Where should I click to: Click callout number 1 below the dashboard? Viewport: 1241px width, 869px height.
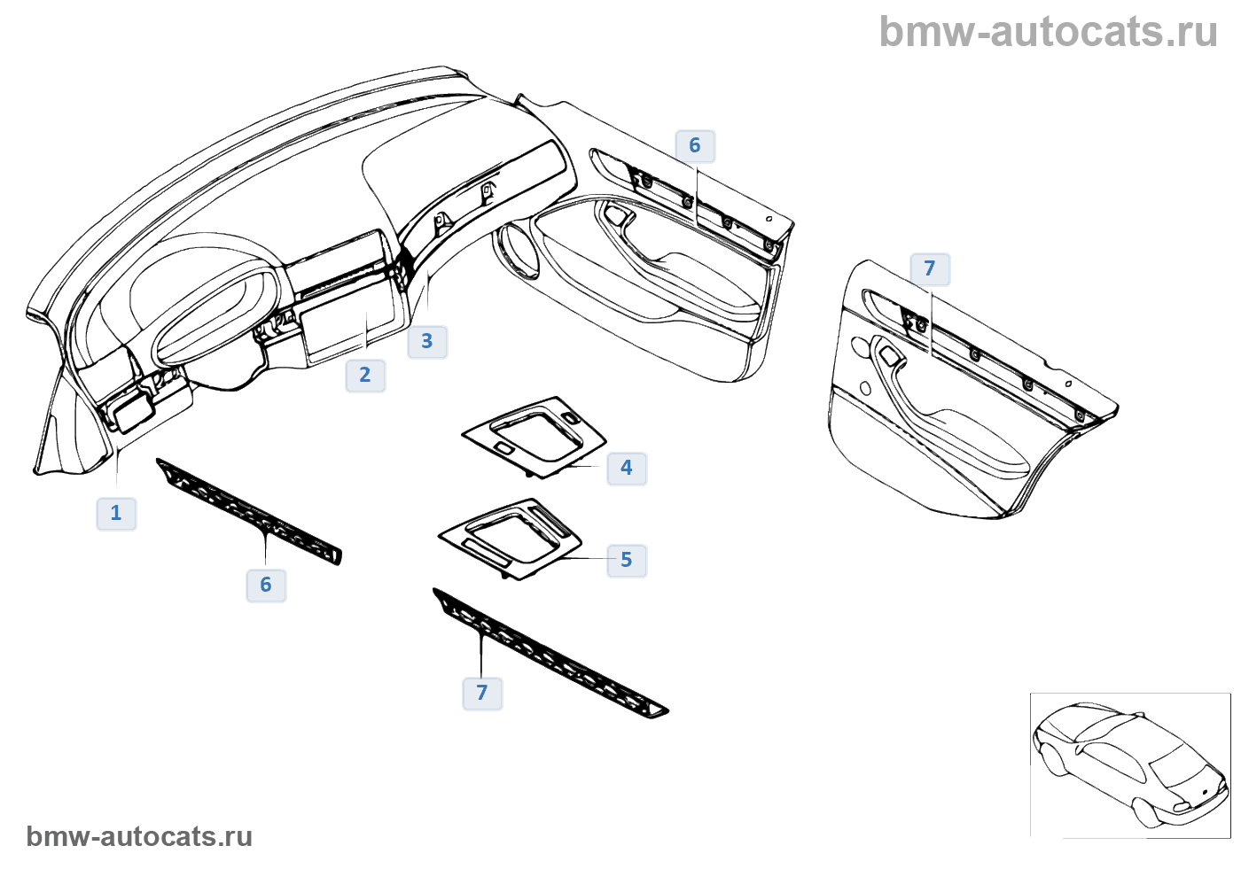116,513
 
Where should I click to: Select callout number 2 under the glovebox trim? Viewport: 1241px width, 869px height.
365,375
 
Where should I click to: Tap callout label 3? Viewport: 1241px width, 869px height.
427,341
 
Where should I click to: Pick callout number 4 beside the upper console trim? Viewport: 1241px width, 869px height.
627,468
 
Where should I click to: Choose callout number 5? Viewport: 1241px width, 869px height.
627,560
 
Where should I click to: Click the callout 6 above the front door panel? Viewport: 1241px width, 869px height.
695,145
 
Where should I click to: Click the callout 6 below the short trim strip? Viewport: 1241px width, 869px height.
266,585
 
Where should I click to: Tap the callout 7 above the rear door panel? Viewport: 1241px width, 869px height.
930,268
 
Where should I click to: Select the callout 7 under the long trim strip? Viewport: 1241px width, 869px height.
482,693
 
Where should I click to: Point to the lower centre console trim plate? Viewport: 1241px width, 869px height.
511,536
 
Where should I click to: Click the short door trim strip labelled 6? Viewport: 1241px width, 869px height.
249,511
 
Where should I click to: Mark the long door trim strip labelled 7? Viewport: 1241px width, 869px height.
550,653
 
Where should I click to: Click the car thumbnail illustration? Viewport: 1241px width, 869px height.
1130,764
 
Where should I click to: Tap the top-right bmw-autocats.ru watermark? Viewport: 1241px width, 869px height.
1048,32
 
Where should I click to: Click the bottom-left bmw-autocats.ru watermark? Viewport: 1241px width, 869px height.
139,836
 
